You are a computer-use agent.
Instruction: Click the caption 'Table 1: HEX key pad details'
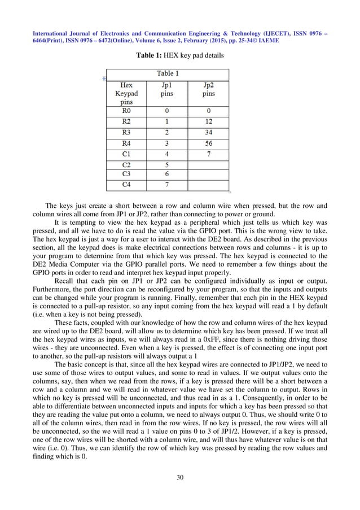(179, 56)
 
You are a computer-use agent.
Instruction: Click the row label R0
(127, 112)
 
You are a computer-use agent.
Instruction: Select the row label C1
(127, 154)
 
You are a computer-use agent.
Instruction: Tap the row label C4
(127, 184)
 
